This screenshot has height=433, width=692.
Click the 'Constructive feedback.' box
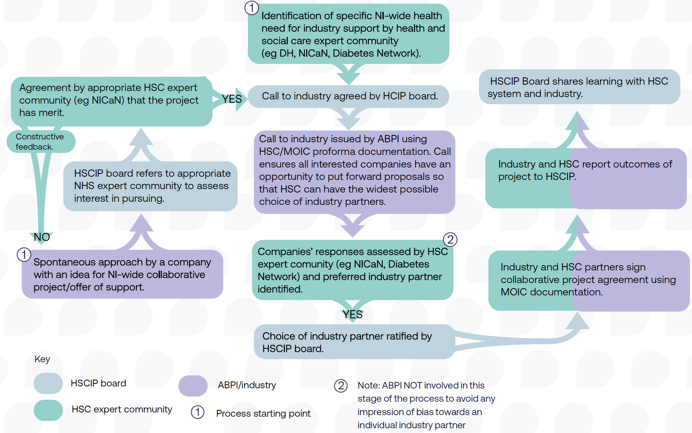[41, 142]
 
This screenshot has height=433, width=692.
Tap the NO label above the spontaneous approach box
[42, 237]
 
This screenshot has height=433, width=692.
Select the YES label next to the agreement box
[232, 99]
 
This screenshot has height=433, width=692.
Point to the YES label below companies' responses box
[353, 314]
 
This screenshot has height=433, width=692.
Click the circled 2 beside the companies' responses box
[450, 240]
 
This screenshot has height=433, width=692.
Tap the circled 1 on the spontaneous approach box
[24, 255]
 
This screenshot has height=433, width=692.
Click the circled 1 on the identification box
[252, 8]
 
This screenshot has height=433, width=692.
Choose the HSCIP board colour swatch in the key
[48, 383]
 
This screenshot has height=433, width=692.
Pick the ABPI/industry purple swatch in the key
[193, 385]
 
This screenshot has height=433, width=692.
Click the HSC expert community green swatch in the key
[48, 410]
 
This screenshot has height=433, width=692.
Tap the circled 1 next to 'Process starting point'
[198, 412]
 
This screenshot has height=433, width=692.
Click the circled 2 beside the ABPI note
[341, 386]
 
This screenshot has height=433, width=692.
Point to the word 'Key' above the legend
[42, 359]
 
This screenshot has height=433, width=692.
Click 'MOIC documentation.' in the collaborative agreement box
[552, 292]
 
